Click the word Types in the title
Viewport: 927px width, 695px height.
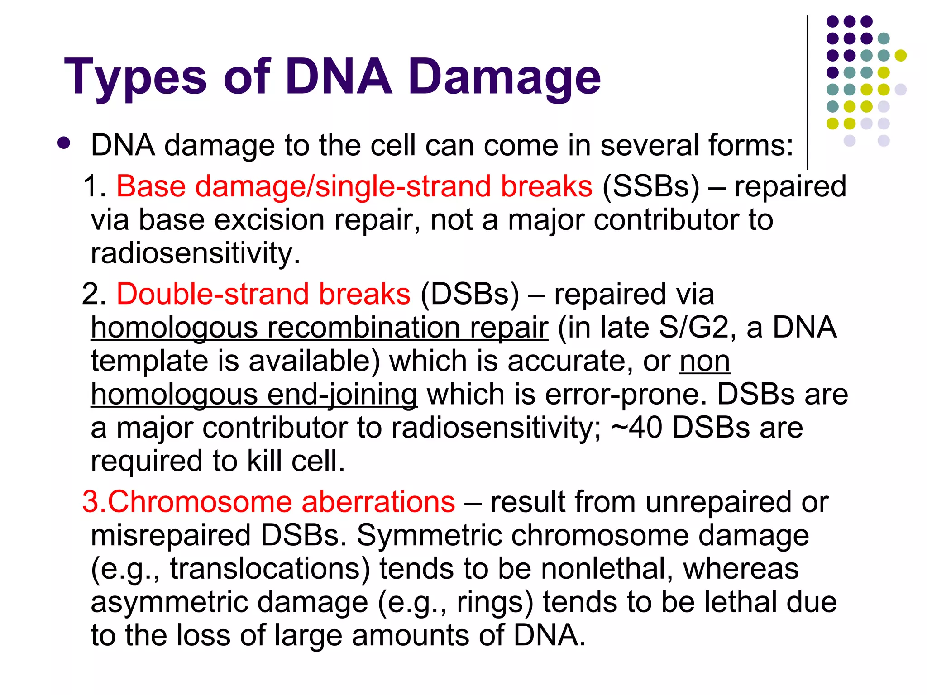(136, 78)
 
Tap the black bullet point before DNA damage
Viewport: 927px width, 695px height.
(64, 143)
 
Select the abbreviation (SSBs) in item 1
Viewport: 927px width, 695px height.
(650, 186)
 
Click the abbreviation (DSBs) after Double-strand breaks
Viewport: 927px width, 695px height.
(469, 294)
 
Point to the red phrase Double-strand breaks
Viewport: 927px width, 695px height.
(263, 294)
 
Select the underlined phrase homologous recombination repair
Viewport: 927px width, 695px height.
(320, 328)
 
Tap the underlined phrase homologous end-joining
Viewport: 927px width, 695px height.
(253, 395)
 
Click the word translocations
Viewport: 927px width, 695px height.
(270, 569)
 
